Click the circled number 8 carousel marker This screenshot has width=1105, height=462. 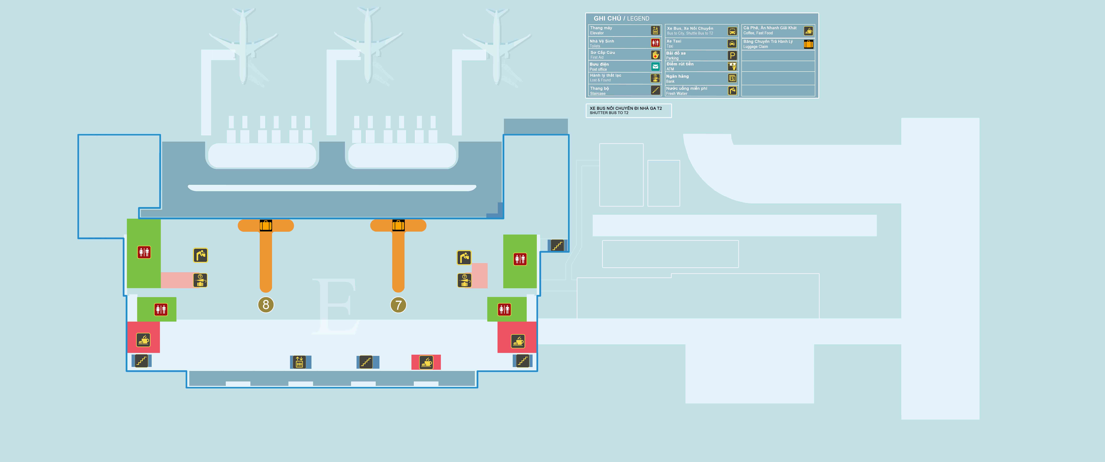pyautogui.click(x=266, y=305)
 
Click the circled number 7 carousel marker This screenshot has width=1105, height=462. pyautogui.click(x=398, y=305)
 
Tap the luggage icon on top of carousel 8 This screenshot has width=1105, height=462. pyautogui.click(x=266, y=225)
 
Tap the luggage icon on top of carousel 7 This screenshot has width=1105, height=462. pyautogui.click(x=398, y=225)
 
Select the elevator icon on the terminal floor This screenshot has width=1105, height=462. pyautogui.click(x=299, y=362)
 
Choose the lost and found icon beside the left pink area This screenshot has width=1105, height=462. pyautogui.click(x=200, y=280)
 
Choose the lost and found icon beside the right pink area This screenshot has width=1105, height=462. pyautogui.click(x=464, y=280)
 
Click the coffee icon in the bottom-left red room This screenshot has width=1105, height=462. pyautogui.click(x=143, y=340)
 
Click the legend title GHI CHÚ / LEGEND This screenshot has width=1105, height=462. pyautogui.click(x=621, y=18)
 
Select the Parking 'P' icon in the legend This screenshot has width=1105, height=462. pyautogui.click(x=732, y=55)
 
